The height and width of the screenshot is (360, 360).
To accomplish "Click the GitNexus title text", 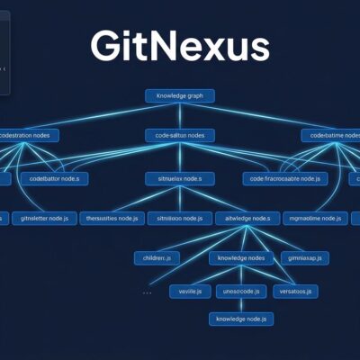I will (x=179, y=46).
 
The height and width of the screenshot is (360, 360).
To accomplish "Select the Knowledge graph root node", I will (x=179, y=95).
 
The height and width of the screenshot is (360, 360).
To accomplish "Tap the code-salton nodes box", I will (x=179, y=135).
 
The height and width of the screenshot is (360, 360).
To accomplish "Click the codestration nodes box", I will (x=29, y=135).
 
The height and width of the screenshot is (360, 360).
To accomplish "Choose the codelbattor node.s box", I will (x=54, y=178).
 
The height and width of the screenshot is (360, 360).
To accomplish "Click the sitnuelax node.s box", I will (x=179, y=178).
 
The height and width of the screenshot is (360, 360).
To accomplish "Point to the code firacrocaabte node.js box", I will (x=286, y=178).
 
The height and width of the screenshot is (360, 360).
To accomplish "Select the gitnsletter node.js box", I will (x=44, y=218).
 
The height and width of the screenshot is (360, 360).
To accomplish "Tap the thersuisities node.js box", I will (x=109, y=218).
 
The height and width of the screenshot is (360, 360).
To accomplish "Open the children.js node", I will (x=157, y=257).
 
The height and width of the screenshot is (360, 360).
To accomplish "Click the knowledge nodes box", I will (x=240, y=257).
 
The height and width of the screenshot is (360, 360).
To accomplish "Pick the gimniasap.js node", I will (x=304, y=257).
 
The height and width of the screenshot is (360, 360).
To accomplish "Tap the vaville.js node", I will (x=190, y=291).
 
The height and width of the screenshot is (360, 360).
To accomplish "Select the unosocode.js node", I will (x=240, y=291).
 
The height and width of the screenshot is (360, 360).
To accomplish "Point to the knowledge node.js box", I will (x=240, y=319).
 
